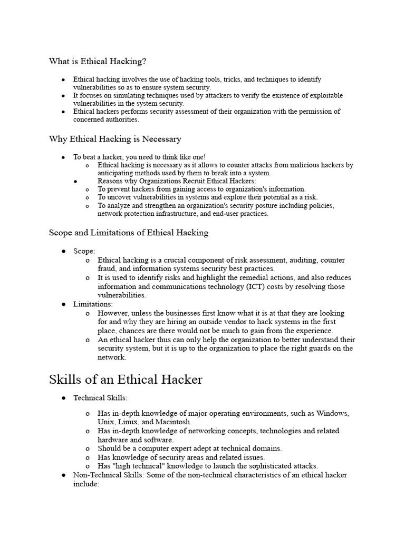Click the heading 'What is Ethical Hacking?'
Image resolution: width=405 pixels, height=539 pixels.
(x=98, y=62)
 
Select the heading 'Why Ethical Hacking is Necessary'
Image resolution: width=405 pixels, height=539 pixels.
(x=115, y=139)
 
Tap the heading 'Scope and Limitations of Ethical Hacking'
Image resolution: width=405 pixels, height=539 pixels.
(x=129, y=232)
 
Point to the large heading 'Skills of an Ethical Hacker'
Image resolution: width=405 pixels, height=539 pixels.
(x=126, y=380)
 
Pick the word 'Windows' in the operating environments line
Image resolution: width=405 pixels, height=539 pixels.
(x=332, y=413)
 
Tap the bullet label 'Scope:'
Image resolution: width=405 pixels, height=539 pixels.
(x=84, y=252)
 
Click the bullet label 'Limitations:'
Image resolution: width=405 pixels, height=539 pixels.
(x=93, y=304)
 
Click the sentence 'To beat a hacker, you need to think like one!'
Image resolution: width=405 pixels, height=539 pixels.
(x=139, y=157)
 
